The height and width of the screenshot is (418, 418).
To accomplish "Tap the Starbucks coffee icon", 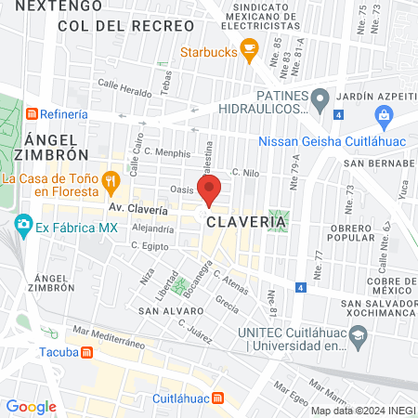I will pyautogui.click(x=248, y=53).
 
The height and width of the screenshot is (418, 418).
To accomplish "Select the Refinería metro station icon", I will pyautogui.click(x=33, y=113).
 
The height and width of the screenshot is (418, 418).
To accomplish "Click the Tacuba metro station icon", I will pyautogui.click(x=85, y=353).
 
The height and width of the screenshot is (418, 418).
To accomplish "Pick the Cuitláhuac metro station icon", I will pyautogui.click(x=217, y=398).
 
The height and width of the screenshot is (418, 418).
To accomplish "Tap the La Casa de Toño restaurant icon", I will pyautogui.click(x=111, y=179).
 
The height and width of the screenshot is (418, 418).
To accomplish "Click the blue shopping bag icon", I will pyautogui.click(x=383, y=114).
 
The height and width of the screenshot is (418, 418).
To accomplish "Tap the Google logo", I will pyautogui.click(x=31, y=406).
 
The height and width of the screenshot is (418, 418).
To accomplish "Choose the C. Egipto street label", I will pyautogui.click(x=148, y=246).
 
